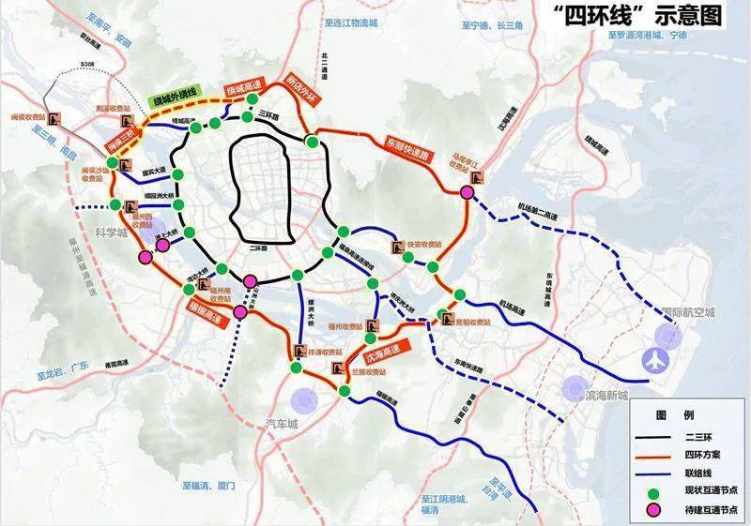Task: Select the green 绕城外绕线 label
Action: pos(177,98)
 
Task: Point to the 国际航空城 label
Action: pos(688,312)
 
